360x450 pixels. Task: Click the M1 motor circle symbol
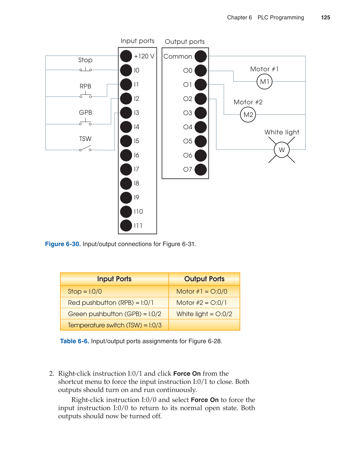264,82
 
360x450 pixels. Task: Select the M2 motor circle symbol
248,115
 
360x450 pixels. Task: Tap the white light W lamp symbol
282,150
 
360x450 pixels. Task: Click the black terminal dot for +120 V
126,56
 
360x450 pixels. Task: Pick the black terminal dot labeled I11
126,225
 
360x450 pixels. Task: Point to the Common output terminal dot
201,56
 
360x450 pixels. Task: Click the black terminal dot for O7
201,169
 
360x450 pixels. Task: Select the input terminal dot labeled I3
126,113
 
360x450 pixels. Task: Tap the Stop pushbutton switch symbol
85,69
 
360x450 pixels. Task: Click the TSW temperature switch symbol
85,148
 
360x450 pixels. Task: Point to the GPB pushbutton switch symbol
85,123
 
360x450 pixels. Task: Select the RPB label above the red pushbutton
85,86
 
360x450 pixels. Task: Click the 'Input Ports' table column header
114,279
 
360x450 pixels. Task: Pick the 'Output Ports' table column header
204,279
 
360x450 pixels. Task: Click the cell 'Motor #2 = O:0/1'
202,303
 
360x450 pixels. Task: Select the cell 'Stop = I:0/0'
85,291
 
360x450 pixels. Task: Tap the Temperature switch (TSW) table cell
114,325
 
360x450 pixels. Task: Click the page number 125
326,18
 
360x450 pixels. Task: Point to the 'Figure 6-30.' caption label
63,244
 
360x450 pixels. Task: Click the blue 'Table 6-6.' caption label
74,341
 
